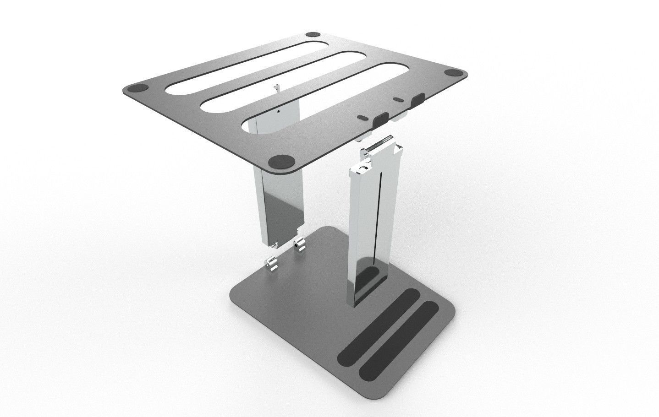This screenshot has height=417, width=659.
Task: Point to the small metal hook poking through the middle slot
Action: pos(276,87)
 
